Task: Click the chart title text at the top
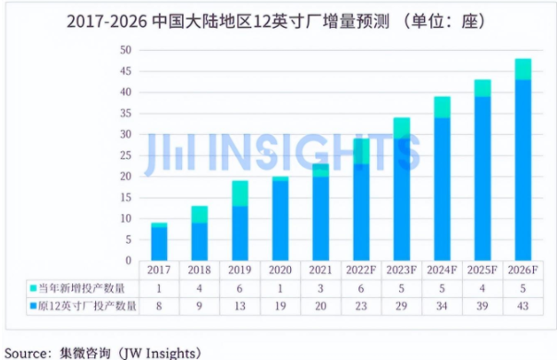point(278,19)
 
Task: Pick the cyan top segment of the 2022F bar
point(361,151)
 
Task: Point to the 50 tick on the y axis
point(126,50)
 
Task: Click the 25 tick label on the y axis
point(126,156)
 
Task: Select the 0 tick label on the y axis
point(128,262)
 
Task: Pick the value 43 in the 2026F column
point(522,305)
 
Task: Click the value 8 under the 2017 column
point(159,305)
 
